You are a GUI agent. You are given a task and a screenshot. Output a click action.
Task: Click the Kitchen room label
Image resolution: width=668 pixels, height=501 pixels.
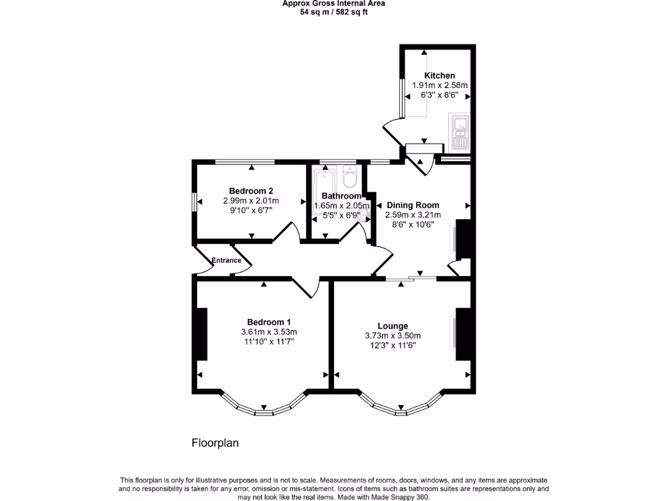coord(440,76)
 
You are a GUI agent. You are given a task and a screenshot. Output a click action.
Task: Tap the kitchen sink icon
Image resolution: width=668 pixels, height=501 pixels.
coord(459,131)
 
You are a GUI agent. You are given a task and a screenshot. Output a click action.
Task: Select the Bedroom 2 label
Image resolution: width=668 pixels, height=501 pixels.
coord(250,190)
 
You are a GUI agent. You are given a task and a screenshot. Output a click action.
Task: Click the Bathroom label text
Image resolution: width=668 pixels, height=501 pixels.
coord(341,196)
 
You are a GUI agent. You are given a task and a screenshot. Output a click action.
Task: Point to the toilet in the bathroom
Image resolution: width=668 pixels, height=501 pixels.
coord(350,176)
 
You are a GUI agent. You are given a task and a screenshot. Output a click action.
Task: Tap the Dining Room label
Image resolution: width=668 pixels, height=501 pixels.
coord(413,205)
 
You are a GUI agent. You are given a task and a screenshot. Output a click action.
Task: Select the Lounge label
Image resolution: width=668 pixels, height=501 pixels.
coord(393,326)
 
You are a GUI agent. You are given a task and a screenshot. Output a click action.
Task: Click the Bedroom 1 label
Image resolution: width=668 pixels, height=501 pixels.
coord(269,322)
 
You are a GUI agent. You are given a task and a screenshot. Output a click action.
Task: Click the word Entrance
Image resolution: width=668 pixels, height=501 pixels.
coord(226,261)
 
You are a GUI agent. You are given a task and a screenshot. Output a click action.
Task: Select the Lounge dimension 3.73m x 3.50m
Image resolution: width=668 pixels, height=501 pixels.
coord(393,336)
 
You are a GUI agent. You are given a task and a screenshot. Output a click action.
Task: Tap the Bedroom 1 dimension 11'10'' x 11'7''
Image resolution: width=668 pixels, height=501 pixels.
coord(269,341)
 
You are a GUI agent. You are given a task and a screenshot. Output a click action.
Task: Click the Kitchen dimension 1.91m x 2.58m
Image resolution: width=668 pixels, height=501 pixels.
coord(440,85)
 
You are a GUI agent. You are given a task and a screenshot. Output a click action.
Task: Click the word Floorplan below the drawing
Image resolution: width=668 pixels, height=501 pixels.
coord(215,443)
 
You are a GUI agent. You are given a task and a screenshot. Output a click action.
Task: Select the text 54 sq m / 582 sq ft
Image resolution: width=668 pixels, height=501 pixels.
coord(333,12)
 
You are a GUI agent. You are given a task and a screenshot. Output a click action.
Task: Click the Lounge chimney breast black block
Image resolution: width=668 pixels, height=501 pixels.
coord(463,333)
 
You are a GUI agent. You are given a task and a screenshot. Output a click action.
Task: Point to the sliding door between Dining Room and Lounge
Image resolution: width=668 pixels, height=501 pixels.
coord(411,279)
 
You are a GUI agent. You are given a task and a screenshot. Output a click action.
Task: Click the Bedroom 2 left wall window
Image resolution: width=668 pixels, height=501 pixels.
coord(194,202)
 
